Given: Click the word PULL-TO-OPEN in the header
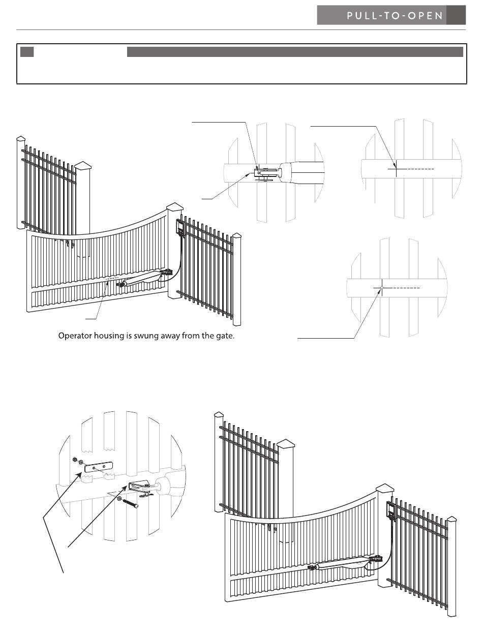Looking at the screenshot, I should pos(395,16).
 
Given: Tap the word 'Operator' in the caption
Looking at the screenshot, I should pos(75,336).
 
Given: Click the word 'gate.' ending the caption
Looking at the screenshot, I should pos(224,336).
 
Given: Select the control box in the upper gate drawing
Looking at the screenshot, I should pos(179,226).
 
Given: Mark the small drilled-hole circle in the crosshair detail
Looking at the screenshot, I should pos(380,288).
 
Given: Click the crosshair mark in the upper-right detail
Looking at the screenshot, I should pos(396,168).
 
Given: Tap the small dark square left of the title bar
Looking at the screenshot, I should pos(27,52).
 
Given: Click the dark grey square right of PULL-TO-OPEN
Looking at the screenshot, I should pos(456,16).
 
